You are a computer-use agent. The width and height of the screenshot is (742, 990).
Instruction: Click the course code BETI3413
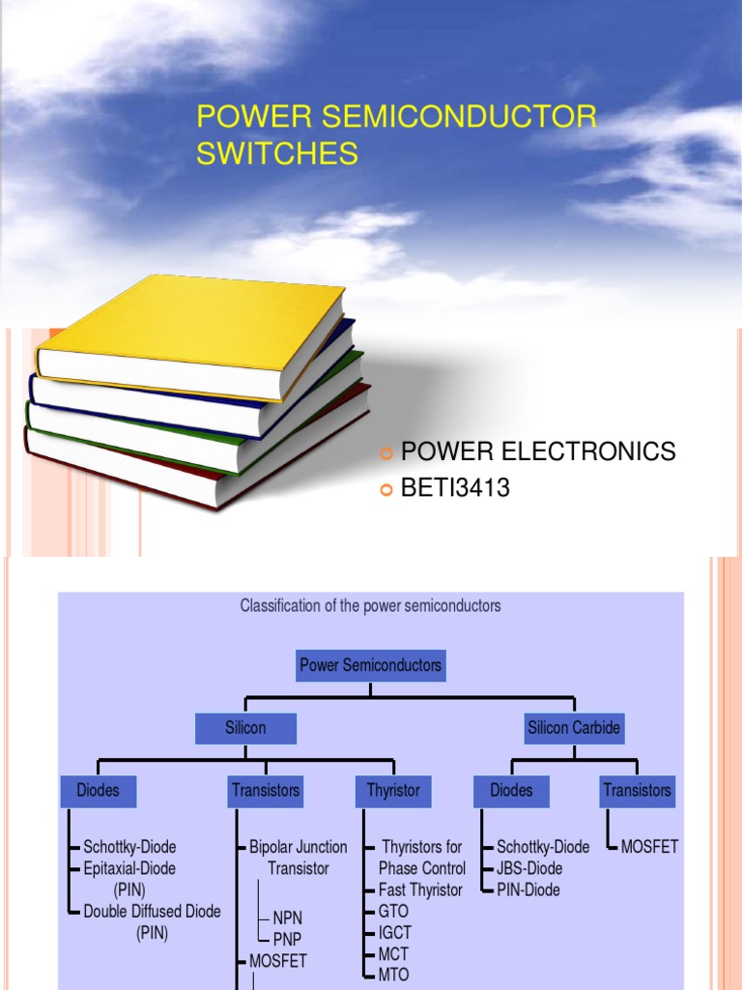tap(455, 489)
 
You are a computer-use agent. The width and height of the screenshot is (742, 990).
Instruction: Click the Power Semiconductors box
tap(370, 665)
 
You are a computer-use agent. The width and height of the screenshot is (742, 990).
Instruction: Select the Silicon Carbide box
tap(574, 728)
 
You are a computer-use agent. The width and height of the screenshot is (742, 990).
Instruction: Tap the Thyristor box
tap(393, 791)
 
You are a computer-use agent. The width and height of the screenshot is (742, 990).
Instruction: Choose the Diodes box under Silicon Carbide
tap(511, 791)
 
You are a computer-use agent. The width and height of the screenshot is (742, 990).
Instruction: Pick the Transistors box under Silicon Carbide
tap(637, 791)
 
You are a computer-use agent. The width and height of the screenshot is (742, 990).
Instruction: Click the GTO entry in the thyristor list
tap(394, 911)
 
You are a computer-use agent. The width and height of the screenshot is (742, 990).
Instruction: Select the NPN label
tap(288, 917)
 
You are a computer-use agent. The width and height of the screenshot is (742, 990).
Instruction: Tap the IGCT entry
tap(395, 932)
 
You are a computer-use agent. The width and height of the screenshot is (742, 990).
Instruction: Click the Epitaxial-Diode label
tap(129, 868)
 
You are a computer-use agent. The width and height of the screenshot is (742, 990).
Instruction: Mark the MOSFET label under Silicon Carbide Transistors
tap(649, 847)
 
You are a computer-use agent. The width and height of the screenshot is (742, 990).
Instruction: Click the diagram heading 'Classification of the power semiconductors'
tap(370, 606)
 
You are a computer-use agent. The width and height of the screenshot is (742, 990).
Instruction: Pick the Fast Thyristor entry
tap(420, 889)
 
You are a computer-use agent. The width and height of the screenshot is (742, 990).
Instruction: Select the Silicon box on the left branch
tap(245, 728)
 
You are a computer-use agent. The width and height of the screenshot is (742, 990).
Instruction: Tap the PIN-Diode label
tap(528, 889)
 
